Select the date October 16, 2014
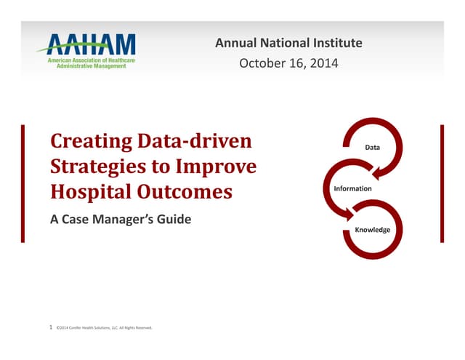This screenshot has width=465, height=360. coord(288,64)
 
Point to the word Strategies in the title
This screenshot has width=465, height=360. coord(94,167)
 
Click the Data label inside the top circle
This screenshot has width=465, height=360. coord(372,148)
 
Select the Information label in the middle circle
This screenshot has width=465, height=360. coord(352,189)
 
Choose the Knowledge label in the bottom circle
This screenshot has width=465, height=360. coord(373,230)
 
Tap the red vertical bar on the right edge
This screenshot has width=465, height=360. coord(442,183)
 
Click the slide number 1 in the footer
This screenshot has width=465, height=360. coord(49,328)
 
